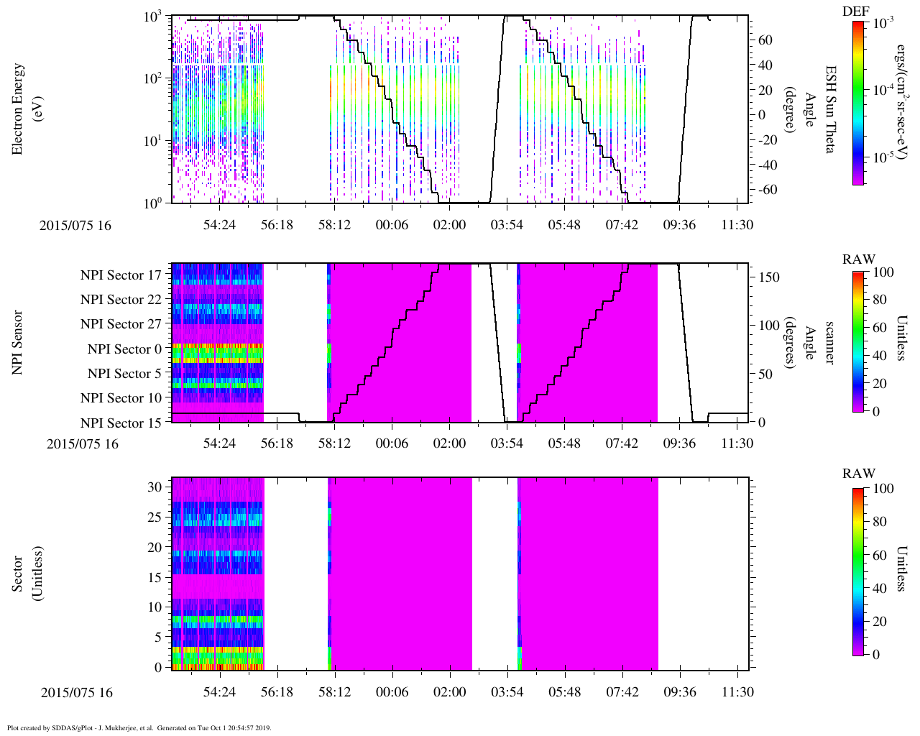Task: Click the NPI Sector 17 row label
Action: [121, 275]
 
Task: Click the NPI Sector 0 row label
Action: [124, 349]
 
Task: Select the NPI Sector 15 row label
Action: [121, 423]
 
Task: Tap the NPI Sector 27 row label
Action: [121, 324]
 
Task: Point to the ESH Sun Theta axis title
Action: [830, 109]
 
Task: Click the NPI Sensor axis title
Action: [18, 342]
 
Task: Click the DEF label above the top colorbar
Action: [855, 11]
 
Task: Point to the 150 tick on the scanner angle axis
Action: [769, 277]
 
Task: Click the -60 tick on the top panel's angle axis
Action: [766, 190]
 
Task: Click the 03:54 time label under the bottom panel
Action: [507, 692]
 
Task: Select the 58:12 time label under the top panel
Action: [334, 225]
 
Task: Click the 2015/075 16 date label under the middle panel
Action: [83, 443]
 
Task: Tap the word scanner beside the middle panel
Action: [830, 342]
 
